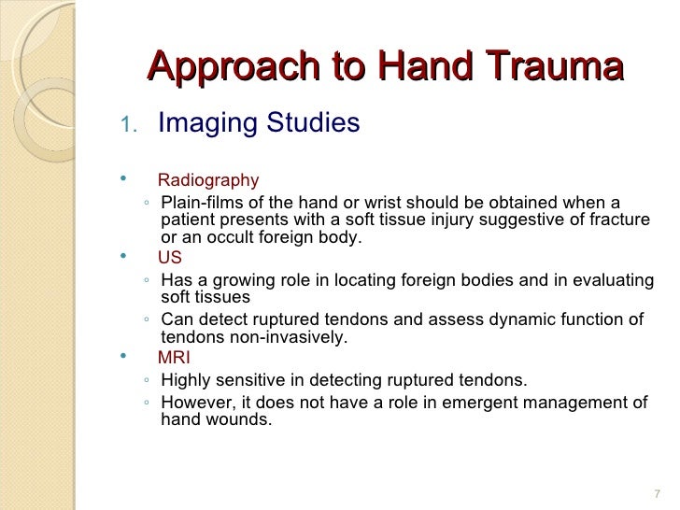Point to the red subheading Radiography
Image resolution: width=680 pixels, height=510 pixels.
208,180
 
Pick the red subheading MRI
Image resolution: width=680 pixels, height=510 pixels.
174,358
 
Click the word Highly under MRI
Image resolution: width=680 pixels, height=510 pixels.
187,380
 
